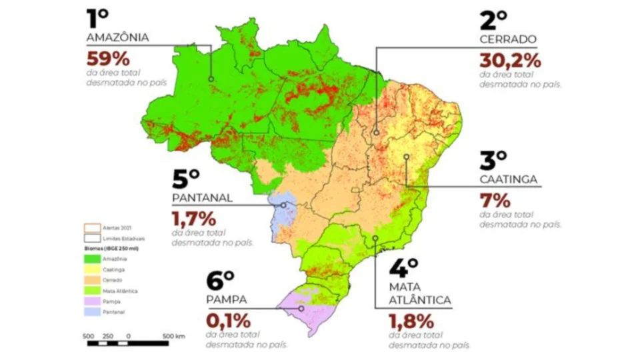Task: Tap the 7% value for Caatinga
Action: [x=494, y=200]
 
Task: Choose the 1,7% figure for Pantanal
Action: [x=194, y=218]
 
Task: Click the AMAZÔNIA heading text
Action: [x=117, y=38]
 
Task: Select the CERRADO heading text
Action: [x=508, y=39]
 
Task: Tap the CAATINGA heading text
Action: [x=509, y=179]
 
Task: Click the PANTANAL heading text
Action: [x=202, y=198]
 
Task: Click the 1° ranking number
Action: [x=98, y=17]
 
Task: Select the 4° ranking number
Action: [x=403, y=270]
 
